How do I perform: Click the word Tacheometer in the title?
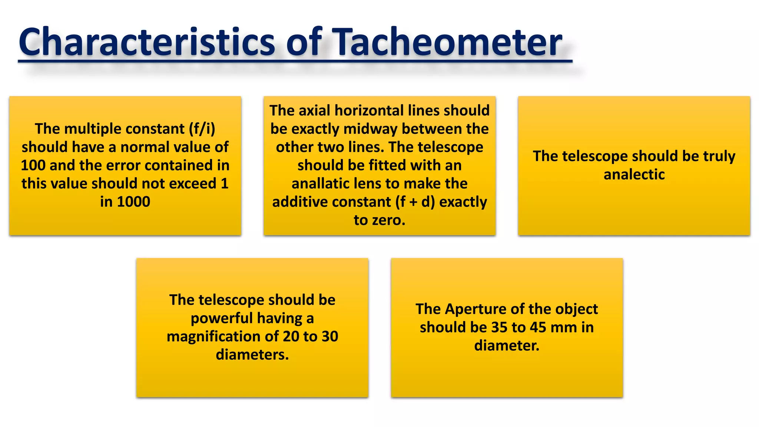pyautogui.click(x=448, y=42)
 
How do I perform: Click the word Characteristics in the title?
pyautogui.click(x=147, y=42)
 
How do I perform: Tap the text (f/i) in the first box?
pyautogui.click(x=202, y=129)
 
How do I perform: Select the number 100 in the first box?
pyautogui.click(x=33, y=165)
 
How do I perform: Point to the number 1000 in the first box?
pyautogui.click(x=133, y=202)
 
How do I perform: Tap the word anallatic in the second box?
pyautogui.click(x=321, y=184)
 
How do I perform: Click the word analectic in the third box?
pyautogui.click(x=634, y=175)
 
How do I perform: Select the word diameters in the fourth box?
pyautogui.click(x=252, y=355)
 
